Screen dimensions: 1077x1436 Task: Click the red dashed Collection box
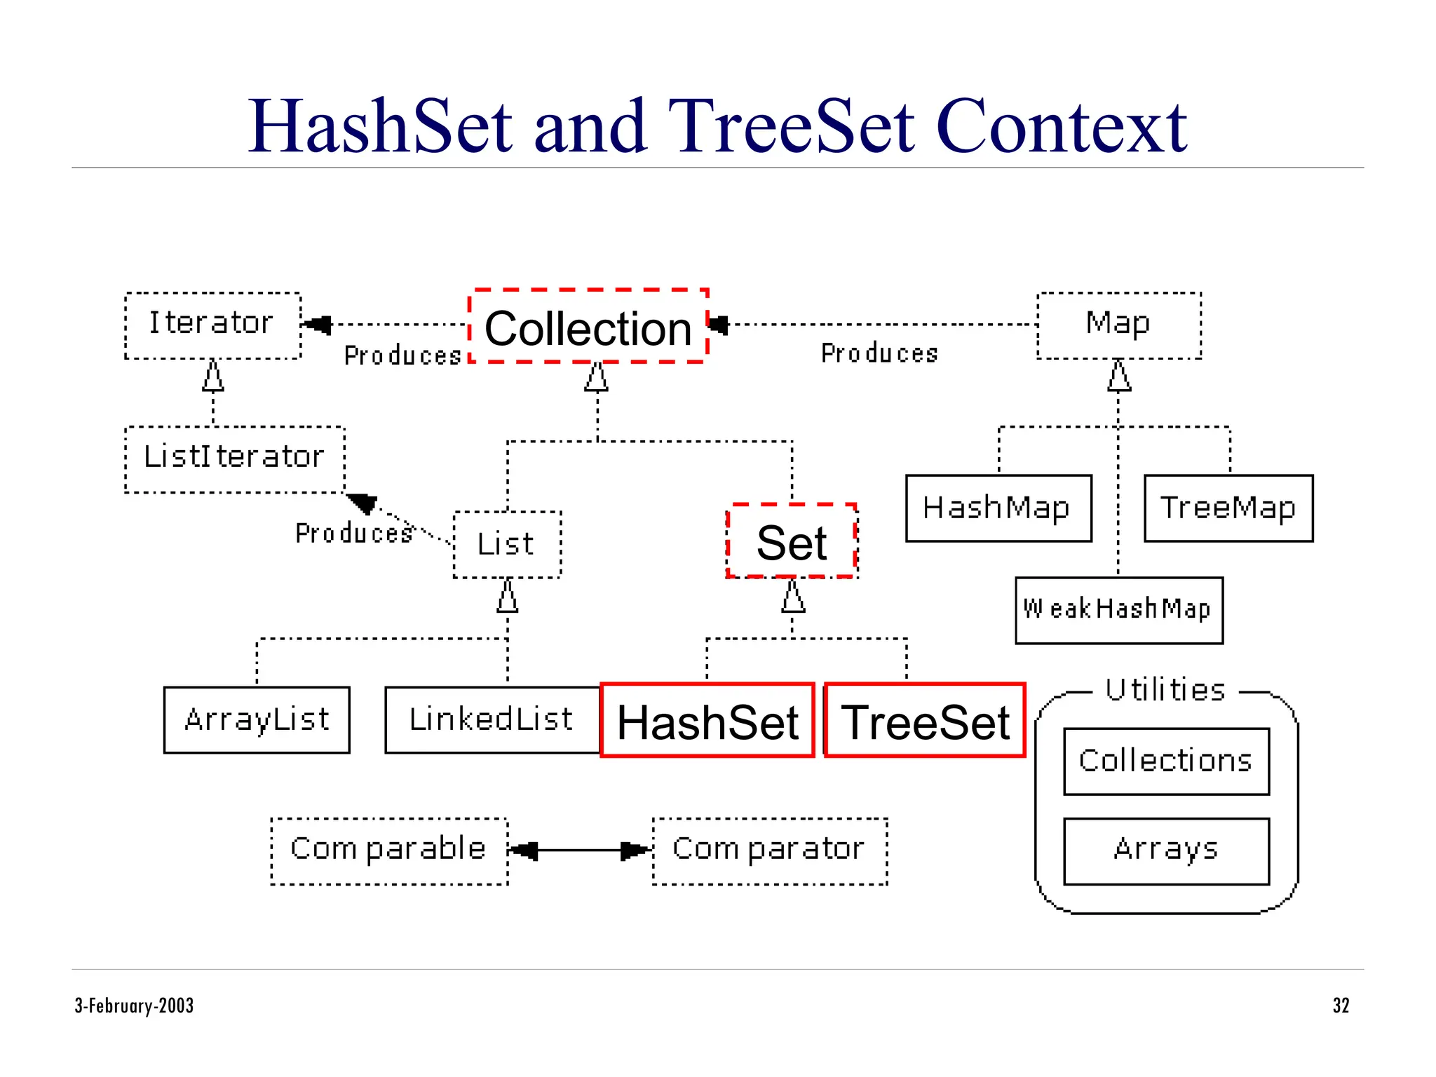[x=588, y=327]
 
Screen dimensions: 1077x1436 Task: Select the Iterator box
[x=212, y=325]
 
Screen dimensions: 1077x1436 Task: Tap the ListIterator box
[x=234, y=459]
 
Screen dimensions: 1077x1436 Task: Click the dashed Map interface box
[x=1118, y=325]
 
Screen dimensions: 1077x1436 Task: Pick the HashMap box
[x=998, y=508]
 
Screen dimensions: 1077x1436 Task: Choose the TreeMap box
[x=1228, y=508]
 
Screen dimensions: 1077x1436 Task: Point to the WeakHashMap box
[x=1118, y=610]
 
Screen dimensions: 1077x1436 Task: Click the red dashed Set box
[x=792, y=542]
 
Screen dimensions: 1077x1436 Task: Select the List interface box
[x=506, y=545]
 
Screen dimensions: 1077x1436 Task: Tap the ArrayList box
[x=257, y=720]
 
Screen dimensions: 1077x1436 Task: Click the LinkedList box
[x=492, y=720]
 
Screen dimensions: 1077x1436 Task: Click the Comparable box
[x=389, y=851]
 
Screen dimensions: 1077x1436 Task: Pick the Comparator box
[x=769, y=851]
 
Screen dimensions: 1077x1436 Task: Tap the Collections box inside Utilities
[x=1165, y=761]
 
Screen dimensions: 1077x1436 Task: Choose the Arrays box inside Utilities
[x=1165, y=851]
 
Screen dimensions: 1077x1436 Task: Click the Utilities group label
[x=1165, y=690]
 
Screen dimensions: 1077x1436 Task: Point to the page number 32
[x=1340, y=1005]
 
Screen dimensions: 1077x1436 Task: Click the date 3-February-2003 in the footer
[x=134, y=1005]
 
